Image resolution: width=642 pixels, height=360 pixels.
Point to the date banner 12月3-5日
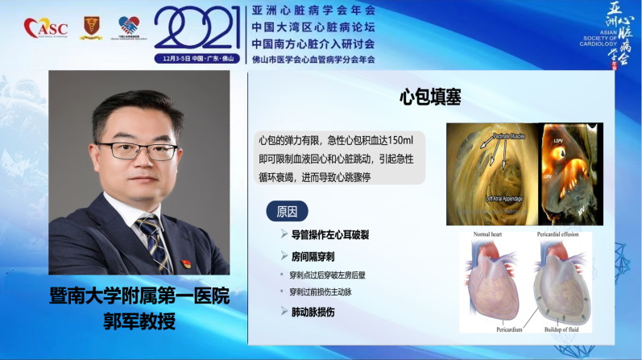tap(197, 58)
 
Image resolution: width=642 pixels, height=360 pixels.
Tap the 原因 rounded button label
tap(287, 212)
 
